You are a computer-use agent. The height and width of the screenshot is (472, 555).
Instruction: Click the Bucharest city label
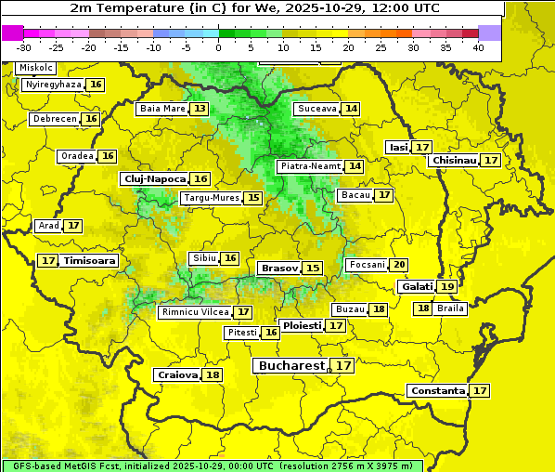(x=292, y=366)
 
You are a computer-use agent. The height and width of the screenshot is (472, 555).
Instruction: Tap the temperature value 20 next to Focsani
(x=399, y=265)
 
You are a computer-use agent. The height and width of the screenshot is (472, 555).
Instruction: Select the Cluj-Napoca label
(x=154, y=178)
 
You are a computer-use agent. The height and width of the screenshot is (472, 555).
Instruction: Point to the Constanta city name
(x=437, y=391)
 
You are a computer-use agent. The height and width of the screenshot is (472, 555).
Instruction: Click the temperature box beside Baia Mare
(x=200, y=109)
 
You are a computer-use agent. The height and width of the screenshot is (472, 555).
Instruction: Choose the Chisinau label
(x=454, y=161)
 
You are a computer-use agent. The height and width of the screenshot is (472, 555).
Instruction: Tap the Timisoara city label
(x=90, y=261)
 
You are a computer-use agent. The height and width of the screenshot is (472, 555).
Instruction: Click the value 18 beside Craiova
(x=213, y=375)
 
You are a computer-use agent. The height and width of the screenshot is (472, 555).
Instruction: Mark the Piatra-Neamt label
(x=310, y=166)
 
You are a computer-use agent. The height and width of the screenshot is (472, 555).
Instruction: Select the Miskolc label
(x=36, y=68)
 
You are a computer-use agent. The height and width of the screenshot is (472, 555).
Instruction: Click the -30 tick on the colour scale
(x=24, y=47)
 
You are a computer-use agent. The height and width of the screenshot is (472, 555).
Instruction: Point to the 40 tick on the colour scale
(x=478, y=47)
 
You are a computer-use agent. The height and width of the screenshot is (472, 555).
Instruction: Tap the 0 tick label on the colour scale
(x=218, y=47)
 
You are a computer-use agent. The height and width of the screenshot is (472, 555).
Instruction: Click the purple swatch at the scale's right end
(x=490, y=33)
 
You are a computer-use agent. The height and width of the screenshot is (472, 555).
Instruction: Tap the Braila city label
(x=450, y=308)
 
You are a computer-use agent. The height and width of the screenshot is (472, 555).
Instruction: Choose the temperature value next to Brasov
(x=313, y=268)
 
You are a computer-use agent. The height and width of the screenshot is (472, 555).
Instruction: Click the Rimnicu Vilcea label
(x=194, y=312)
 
